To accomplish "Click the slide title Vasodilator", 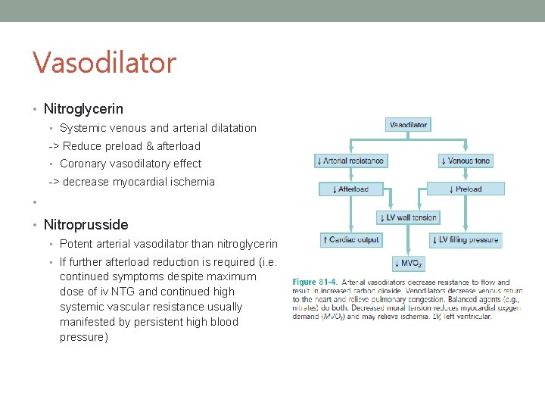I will tap(104, 62).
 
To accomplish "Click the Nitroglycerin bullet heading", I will tap(83, 109).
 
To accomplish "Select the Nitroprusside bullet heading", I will tap(86, 224).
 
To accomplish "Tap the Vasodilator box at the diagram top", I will tap(408, 124).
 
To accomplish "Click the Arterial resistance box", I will tap(350, 161).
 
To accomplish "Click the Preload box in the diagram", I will tap(465, 189).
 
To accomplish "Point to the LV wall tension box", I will tap(408, 217).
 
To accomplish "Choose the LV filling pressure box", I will tap(465, 240).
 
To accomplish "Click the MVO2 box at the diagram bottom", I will tap(408, 264).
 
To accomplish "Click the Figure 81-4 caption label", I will tap(314, 283).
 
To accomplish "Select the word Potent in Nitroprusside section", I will tap(76, 244).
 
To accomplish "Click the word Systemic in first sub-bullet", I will tap(83, 128).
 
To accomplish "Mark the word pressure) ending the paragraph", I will tap(84, 337).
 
